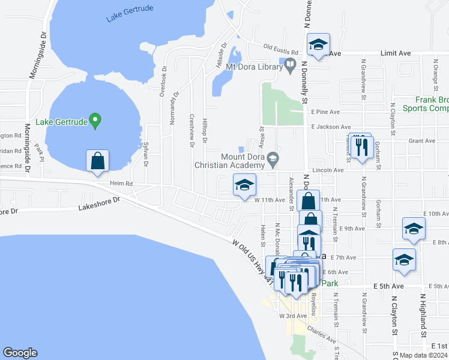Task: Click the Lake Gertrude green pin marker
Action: pyautogui.click(x=95, y=121)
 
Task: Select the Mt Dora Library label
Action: pyautogui.click(x=250, y=66)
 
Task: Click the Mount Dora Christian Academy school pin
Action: pyautogui.click(x=274, y=160)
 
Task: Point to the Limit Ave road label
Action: pyautogui.click(x=396, y=53)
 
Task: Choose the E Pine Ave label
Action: pyautogui.click(x=325, y=112)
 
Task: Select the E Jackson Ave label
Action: pyautogui.click(x=331, y=127)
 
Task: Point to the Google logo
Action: pyautogui.click(x=20, y=353)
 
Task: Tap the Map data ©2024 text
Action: pyautogui.click(x=423, y=355)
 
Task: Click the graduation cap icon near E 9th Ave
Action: pyautogui.click(x=414, y=229)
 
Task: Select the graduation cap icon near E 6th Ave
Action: pyautogui.click(x=405, y=260)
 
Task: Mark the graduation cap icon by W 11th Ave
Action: pyautogui.click(x=244, y=185)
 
